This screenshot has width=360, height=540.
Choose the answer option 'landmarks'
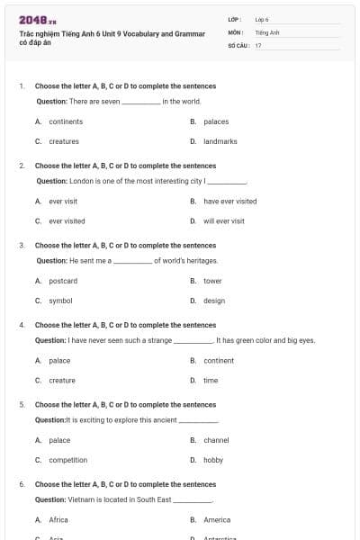coord(220,141)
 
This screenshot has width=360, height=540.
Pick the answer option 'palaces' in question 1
coord(216,121)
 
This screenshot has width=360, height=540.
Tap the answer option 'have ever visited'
coord(229,202)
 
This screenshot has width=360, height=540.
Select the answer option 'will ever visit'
coord(223,220)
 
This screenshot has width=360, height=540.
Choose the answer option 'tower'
coord(212,281)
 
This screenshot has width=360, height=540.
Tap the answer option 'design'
coord(214,301)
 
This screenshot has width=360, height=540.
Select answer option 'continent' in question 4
coord(219,361)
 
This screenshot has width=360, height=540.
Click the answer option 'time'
coord(211,381)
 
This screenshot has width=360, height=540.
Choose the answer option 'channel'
coord(216,440)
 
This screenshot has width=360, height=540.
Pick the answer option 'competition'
coord(68,460)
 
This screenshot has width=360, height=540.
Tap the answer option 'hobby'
coord(213,460)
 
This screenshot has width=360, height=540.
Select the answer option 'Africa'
coord(58,519)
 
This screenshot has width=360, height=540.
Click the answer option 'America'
coord(217,519)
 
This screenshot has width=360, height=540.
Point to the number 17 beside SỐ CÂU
coord(258,44)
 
